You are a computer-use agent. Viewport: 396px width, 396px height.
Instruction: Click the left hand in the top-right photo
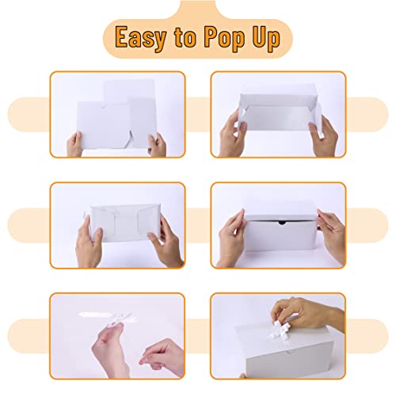(x=230, y=127)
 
